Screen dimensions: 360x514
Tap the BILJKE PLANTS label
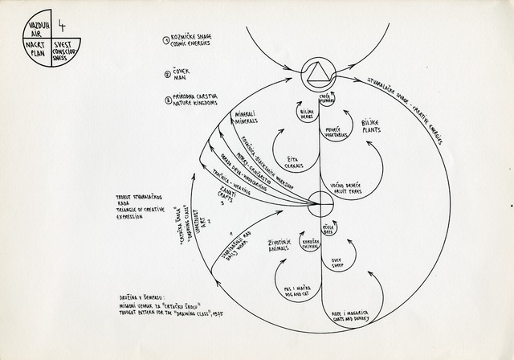click(369, 125)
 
